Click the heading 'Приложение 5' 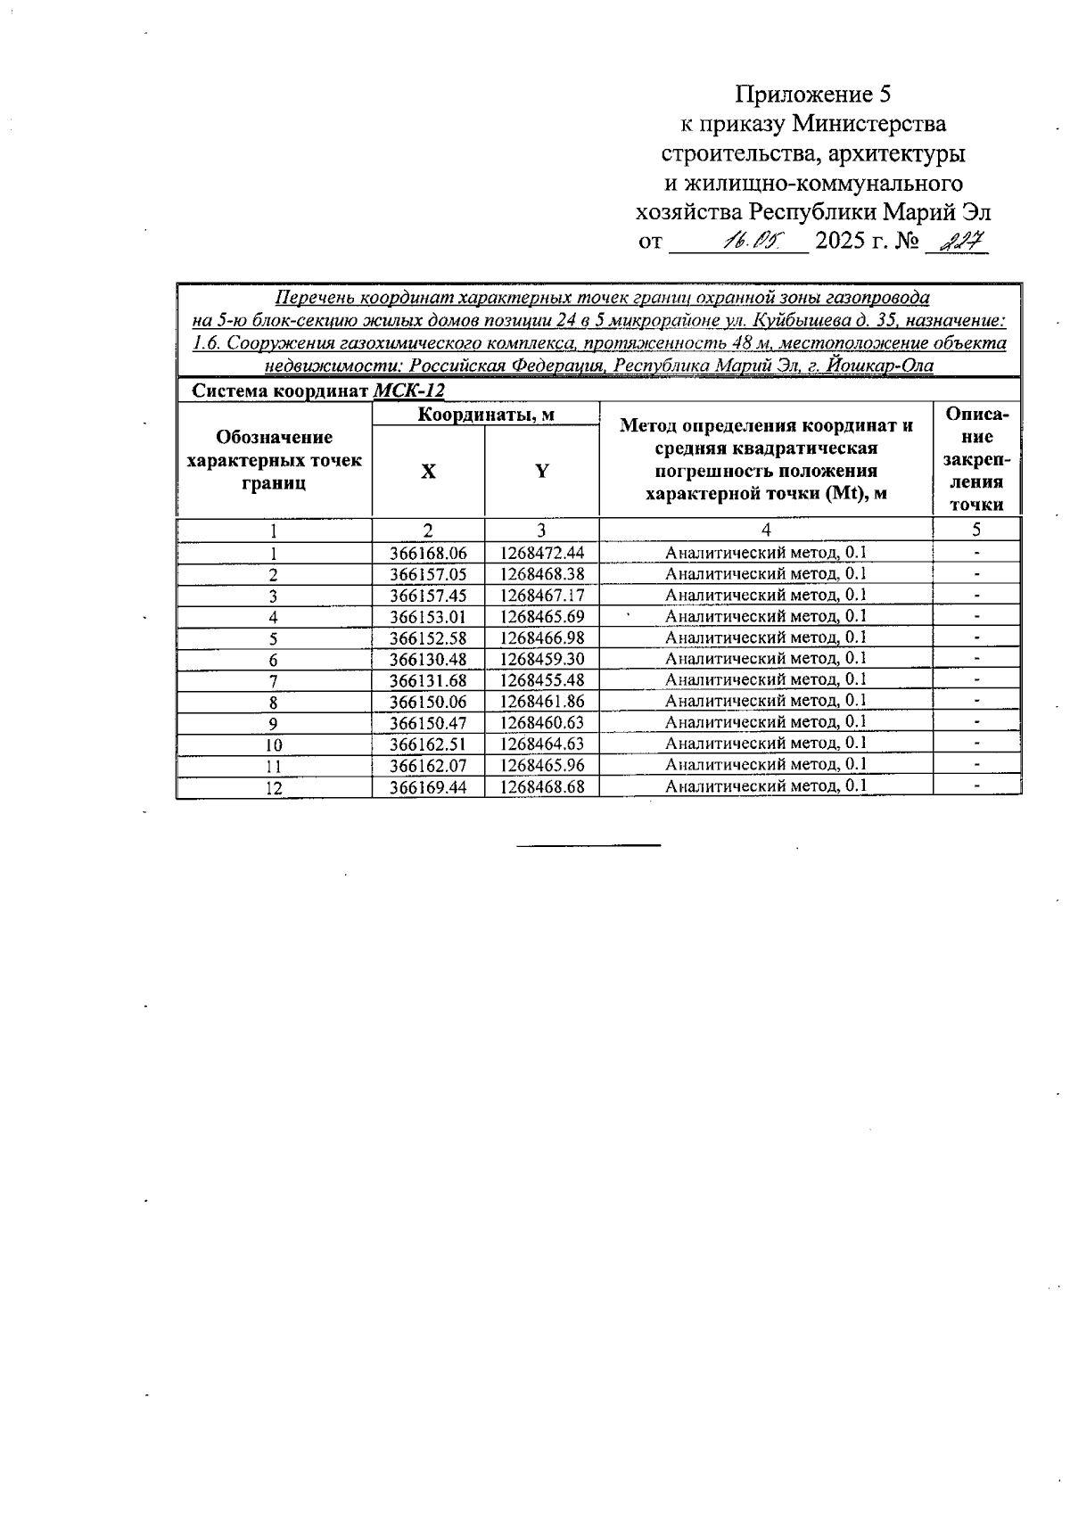(x=812, y=95)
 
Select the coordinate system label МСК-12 (x=408, y=391)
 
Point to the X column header (x=429, y=472)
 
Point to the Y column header (x=542, y=472)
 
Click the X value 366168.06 (x=428, y=553)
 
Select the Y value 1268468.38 (x=541, y=574)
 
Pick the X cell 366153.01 (x=428, y=617)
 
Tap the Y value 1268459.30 (x=541, y=659)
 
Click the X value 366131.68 (x=428, y=680)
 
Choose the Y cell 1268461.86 (x=541, y=702)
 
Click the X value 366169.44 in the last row (x=428, y=787)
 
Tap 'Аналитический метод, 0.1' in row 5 (x=766, y=637)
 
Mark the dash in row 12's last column (x=977, y=786)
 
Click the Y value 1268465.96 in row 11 (x=541, y=765)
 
